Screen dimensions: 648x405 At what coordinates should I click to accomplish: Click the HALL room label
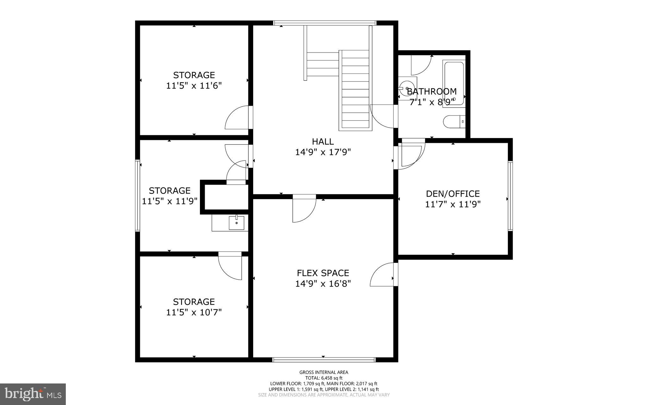coord(323,141)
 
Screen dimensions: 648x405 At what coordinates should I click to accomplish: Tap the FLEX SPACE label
coord(323,273)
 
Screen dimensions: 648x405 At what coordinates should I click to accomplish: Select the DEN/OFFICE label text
coord(453,194)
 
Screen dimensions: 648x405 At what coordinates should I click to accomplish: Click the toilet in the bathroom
coord(454,122)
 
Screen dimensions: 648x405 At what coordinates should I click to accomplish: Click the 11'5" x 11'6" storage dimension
coord(194,86)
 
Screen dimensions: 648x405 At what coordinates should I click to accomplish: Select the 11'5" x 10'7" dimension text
coord(194,313)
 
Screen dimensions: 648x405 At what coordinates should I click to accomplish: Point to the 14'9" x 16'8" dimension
coord(323,284)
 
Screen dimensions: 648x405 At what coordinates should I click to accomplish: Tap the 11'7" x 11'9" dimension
coord(453,205)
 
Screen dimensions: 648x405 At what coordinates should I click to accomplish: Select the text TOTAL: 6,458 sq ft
coord(324,378)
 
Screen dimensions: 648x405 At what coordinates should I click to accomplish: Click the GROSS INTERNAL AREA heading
coord(324,372)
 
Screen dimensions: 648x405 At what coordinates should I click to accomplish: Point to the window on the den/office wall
coord(510,196)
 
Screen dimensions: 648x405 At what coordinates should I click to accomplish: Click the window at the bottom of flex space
coord(324,359)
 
